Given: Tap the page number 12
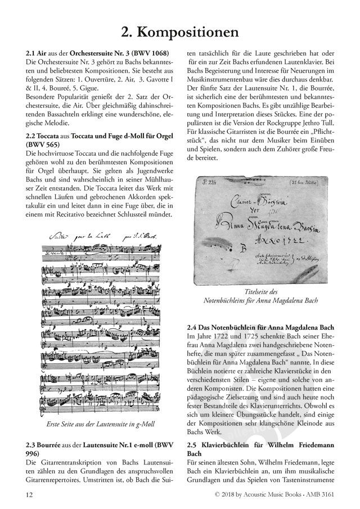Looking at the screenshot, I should point(29,494).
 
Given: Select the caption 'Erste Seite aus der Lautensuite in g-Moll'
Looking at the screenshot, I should point(101,424).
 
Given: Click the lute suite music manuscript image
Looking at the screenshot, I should point(101,322).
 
